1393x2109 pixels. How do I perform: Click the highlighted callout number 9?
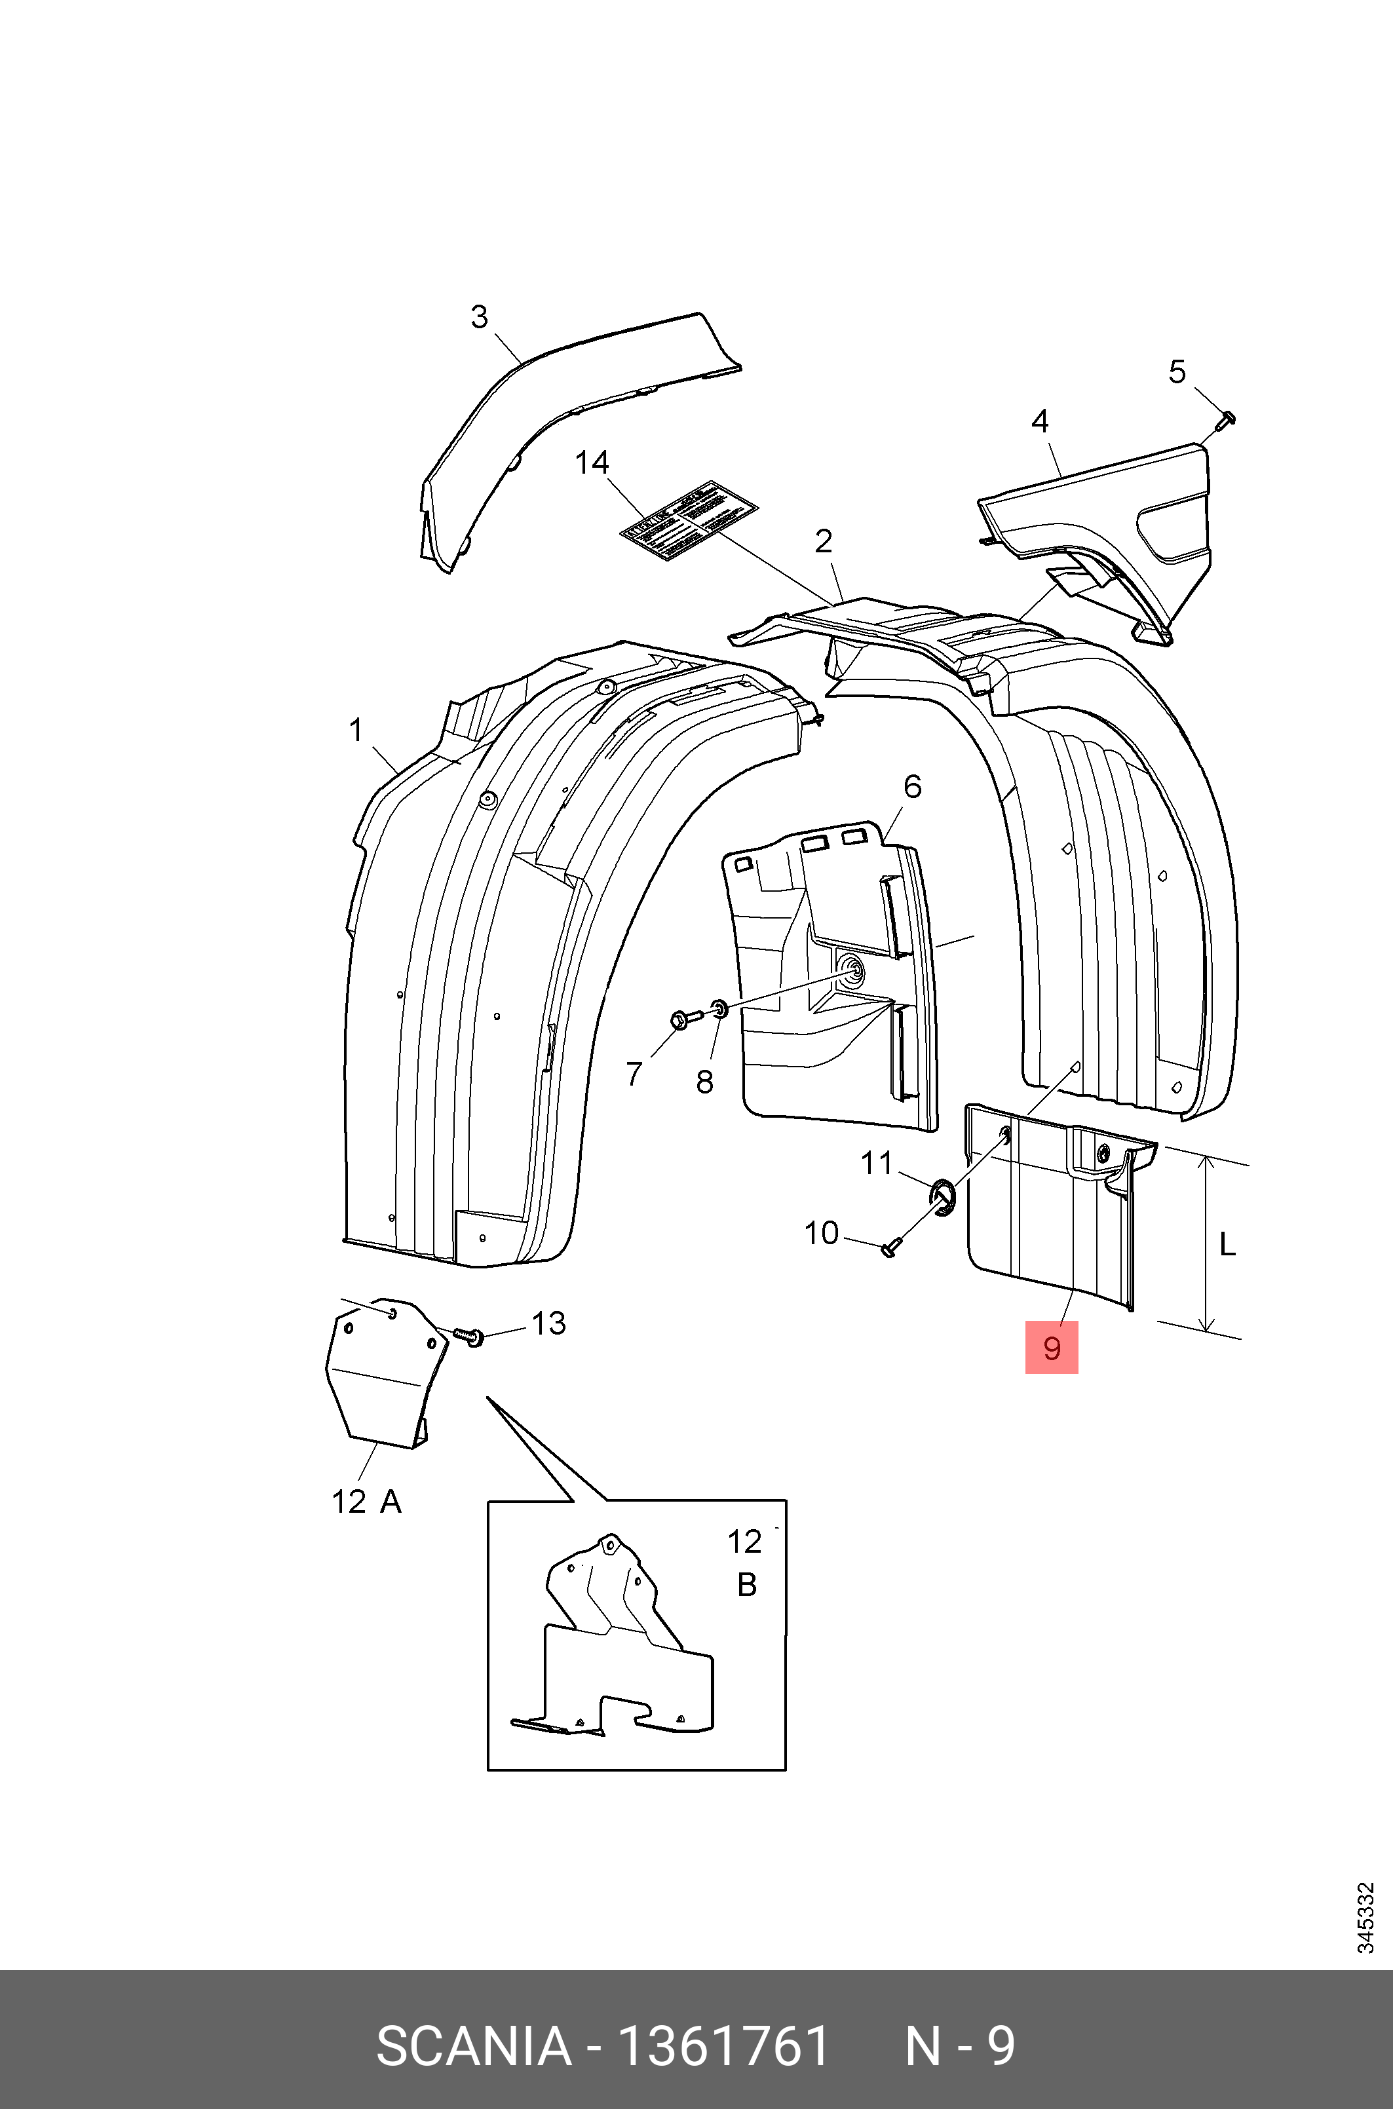click(1051, 1348)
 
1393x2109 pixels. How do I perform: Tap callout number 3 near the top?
click(479, 317)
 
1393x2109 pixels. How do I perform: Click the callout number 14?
click(592, 463)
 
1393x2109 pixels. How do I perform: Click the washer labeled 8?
click(719, 1008)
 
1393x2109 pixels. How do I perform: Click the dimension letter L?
click(1227, 1245)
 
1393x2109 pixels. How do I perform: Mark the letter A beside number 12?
click(391, 1502)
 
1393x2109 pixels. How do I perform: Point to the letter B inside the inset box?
click(747, 1585)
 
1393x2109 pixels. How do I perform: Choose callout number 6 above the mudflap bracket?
click(912, 786)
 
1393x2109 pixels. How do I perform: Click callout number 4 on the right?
click(1039, 421)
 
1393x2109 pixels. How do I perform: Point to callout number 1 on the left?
click(356, 731)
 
